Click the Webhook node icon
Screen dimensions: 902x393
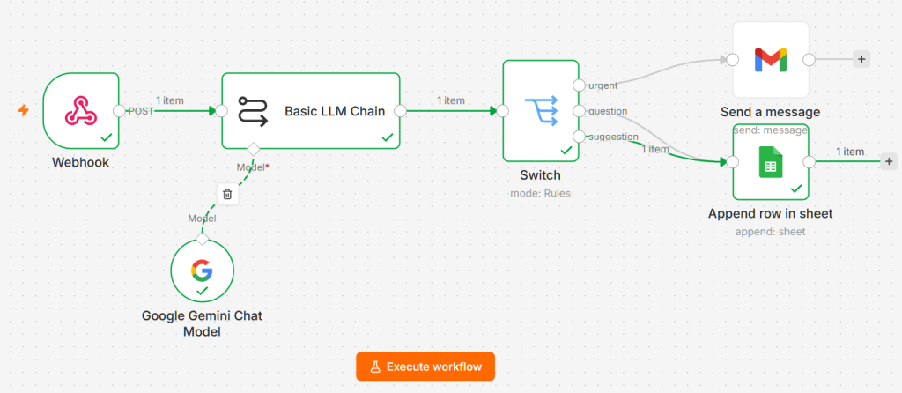(80, 110)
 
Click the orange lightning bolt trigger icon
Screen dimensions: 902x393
(24, 110)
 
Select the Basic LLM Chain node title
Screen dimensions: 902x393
(335, 111)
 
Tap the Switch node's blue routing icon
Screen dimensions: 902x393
(541, 110)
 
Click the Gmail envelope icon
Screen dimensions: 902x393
(770, 60)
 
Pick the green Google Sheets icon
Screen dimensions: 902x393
(770, 161)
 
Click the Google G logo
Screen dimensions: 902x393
(202, 270)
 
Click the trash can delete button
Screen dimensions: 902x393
(227, 194)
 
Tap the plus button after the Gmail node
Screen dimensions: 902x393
(861, 59)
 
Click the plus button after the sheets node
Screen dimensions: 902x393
(889, 161)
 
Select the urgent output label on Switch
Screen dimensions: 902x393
(603, 85)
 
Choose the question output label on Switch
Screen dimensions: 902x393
(608, 111)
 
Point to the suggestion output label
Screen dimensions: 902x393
(613, 137)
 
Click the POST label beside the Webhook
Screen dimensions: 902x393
(140, 111)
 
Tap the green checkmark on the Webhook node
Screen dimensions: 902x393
(106, 137)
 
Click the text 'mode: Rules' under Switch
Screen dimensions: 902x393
(540, 193)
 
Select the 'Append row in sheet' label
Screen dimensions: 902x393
(770, 214)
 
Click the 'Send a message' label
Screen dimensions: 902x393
(770, 112)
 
